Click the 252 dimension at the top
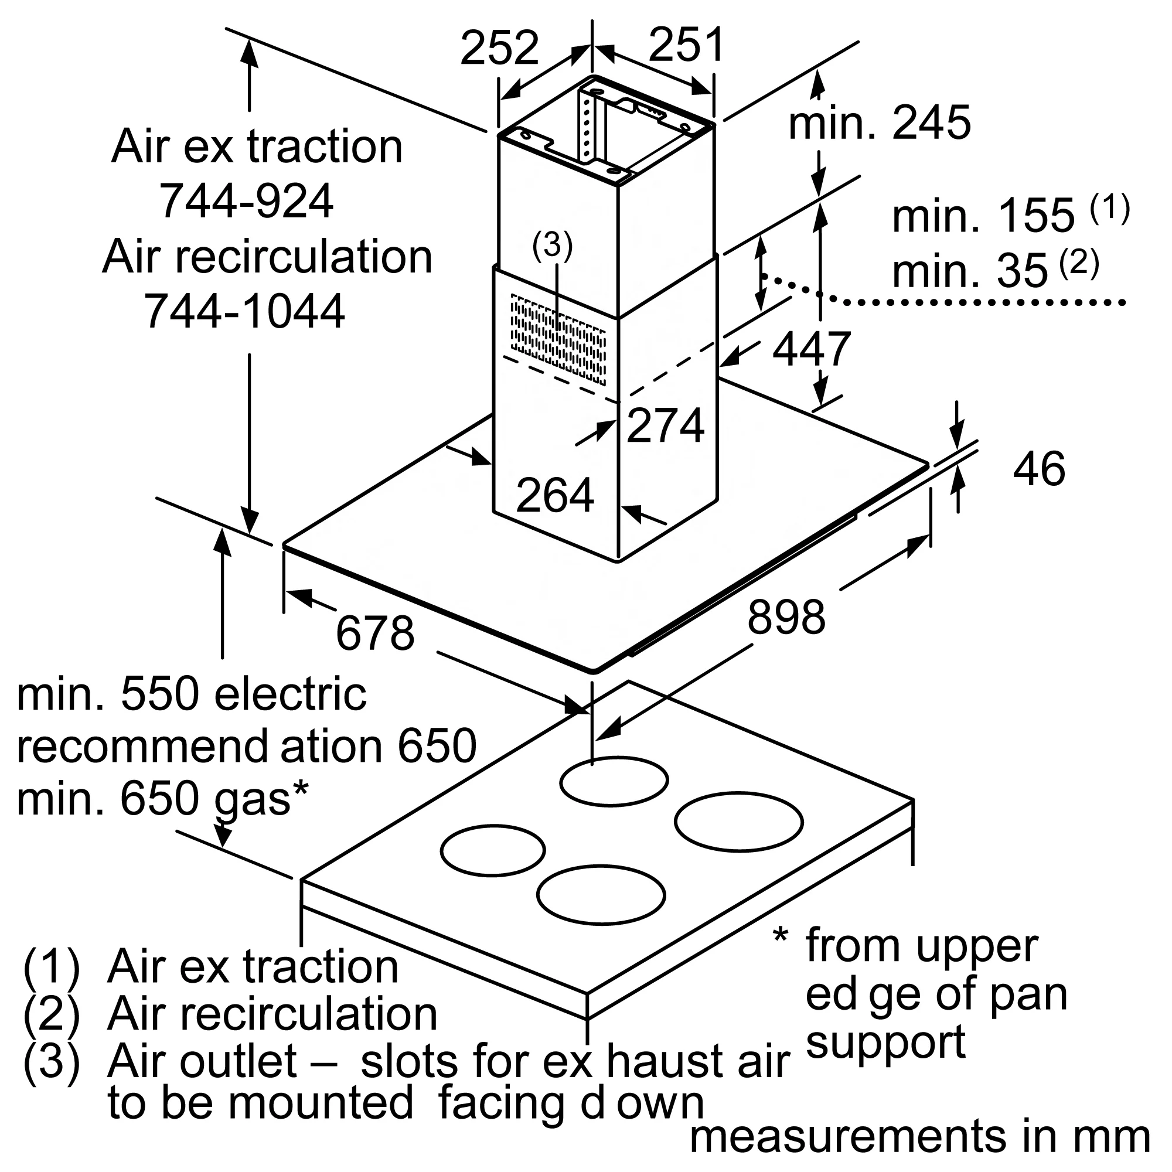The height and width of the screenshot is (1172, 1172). click(x=499, y=48)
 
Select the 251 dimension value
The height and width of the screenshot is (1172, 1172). click(x=686, y=45)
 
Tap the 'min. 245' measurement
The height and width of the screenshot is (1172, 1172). click(x=879, y=123)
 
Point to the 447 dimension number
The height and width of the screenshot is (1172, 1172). click(x=811, y=349)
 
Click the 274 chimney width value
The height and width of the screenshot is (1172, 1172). click(x=665, y=425)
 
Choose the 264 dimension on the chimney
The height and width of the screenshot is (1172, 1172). click(x=554, y=496)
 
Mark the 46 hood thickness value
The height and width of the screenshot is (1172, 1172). click(x=1038, y=469)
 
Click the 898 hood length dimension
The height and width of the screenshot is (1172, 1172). click(x=786, y=617)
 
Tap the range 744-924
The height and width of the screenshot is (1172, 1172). click(x=246, y=201)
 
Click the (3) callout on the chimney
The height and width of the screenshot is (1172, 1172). click(x=552, y=246)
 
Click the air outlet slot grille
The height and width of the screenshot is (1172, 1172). click(x=558, y=339)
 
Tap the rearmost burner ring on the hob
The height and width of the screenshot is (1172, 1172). click(x=614, y=781)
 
